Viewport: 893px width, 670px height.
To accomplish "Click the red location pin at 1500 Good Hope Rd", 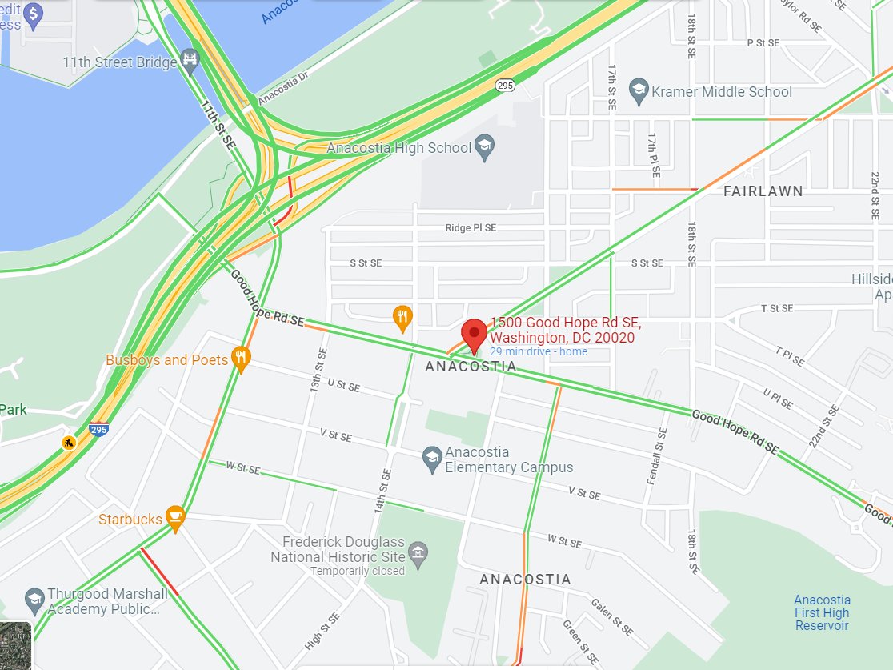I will click(x=475, y=334).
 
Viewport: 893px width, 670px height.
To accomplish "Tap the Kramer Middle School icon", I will click(x=639, y=91).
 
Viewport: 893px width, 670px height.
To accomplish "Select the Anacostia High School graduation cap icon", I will click(x=484, y=146).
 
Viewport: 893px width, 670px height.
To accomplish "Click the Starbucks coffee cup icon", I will click(x=176, y=517).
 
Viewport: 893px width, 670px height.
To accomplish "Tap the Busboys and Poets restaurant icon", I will click(x=240, y=359).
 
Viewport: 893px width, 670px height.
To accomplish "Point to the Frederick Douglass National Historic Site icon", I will click(x=418, y=552).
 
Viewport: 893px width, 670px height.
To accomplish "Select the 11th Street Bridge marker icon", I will click(x=190, y=59).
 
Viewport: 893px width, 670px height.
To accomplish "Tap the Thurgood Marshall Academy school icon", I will click(x=34, y=600).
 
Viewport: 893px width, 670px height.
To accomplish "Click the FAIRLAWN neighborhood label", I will click(x=763, y=191).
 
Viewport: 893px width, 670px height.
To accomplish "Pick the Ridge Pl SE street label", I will click(x=471, y=228).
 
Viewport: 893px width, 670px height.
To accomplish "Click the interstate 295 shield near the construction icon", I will click(x=99, y=430).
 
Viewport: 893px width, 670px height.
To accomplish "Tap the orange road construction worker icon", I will click(x=70, y=442).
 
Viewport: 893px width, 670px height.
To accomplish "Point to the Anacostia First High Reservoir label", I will click(x=822, y=612).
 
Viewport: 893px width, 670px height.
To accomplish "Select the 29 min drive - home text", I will click(x=538, y=351).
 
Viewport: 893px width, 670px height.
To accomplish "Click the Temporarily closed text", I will click(x=358, y=571).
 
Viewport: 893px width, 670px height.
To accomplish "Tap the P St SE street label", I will click(x=762, y=42).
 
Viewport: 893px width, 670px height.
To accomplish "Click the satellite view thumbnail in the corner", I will click(x=15, y=645).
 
